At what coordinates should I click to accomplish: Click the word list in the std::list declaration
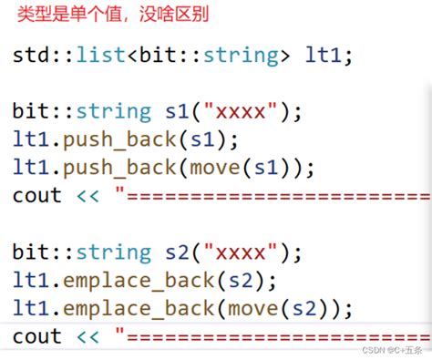click(x=101, y=56)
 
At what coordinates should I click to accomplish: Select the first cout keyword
click(x=37, y=196)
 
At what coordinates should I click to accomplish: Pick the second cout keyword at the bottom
click(x=37, y=336)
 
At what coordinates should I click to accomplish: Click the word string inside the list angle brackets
click(x=242, y=56)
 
